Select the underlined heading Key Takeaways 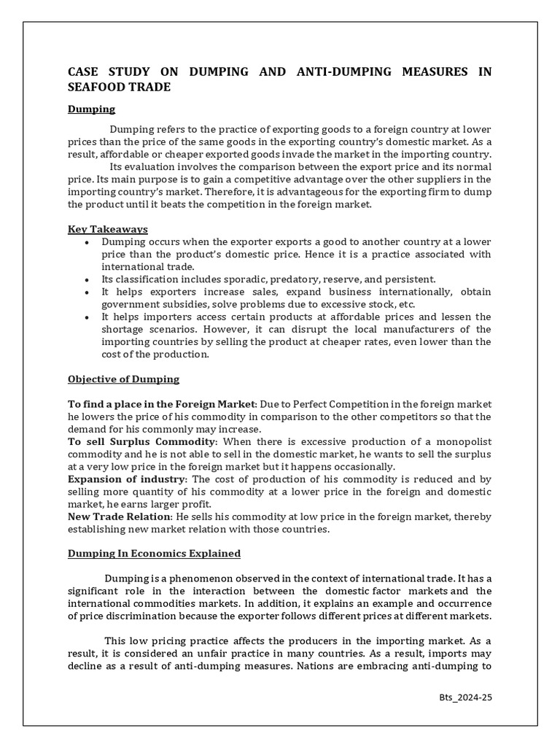coord(108,229)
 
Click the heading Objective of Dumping coord(123,379)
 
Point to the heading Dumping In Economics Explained coord(154,554)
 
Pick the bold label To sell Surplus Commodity coord(142,442)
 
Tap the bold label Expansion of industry coord(127,479)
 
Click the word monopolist coord(463,442)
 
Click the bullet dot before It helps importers coord(87,317)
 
